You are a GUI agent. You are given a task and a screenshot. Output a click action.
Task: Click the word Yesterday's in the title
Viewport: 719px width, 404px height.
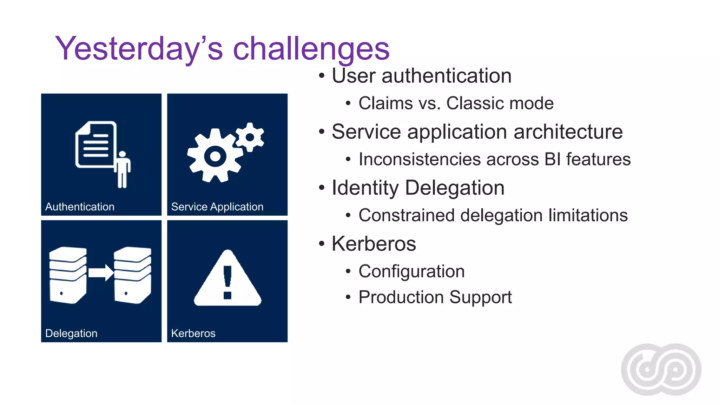139,49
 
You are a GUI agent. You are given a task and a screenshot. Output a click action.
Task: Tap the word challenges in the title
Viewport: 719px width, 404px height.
311,49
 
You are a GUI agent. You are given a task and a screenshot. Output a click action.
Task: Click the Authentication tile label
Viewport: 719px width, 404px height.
80,207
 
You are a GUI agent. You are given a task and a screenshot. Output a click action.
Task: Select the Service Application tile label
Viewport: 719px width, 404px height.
217,207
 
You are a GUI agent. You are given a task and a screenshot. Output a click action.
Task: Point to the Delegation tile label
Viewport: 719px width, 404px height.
71,333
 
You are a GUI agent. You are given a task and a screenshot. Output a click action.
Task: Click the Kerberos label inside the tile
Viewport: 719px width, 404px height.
193,333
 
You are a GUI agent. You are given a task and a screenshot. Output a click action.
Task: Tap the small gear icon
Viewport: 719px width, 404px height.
250,137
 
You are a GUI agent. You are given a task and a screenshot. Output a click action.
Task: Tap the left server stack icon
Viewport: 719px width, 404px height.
68,275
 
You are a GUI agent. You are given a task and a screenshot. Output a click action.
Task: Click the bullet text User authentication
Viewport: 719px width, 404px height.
421,76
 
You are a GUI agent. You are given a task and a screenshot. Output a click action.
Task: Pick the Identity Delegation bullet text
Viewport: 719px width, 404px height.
418,188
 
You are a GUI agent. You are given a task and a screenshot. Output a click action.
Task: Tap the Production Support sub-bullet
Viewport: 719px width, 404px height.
435,297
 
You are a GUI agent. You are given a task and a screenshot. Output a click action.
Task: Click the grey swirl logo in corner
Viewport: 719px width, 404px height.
661,369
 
